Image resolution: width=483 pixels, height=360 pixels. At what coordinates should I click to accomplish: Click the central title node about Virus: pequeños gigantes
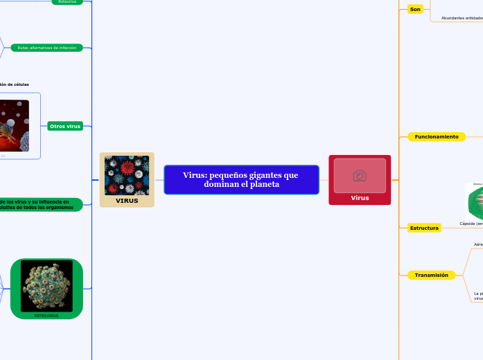click(x=241, y=179)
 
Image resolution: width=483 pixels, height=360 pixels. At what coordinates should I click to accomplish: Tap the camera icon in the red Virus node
click(x=360, y=176)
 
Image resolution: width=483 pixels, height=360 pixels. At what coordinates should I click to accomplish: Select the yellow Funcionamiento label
click(x=436, y=137)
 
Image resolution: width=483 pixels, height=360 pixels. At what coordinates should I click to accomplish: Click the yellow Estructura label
click(x=424, y=228)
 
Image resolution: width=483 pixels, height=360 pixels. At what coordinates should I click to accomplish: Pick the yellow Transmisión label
click(x=431, y=276)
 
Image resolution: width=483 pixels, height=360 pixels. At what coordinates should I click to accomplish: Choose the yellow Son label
click(x=415, y=9)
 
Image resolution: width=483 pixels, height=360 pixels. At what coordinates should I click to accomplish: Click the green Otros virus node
click(x=65, y=126)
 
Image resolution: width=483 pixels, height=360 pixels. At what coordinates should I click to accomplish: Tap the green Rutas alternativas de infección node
click(x=47, y=48)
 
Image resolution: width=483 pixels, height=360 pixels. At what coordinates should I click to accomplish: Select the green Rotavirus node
click(x=67, y=2)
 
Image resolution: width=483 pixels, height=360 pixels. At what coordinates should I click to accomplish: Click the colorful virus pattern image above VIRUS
click(x=127, y=175)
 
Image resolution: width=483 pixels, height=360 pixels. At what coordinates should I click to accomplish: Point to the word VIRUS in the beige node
click(x=127, y=201)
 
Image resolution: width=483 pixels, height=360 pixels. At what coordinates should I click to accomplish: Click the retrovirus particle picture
click(x=46, y=285)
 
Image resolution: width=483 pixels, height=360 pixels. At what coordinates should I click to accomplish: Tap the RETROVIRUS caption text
click(x=46, y=316)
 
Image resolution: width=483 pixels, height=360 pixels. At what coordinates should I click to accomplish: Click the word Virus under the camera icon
click(x=360, y=198)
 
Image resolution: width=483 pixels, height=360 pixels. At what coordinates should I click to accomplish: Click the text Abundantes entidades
click(x=462, y=18)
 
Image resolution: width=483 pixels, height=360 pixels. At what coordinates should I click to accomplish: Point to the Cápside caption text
click(x=471, y=224)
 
